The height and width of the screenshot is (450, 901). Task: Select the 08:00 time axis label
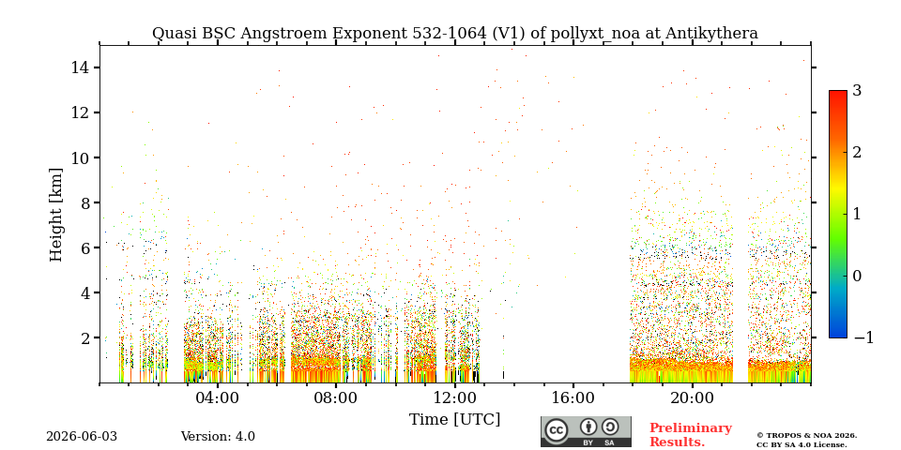pyautogui.click(x=336, y=398)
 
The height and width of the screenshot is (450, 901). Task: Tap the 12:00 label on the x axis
pyautogui.click(x=454, y=398)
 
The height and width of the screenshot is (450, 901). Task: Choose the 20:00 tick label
pyautogui.click(x=692, y=398)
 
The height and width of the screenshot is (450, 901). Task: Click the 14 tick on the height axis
pyautogui.click(x=79, y=67)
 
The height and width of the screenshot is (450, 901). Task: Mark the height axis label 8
pyautogui.click(x=83, y=202)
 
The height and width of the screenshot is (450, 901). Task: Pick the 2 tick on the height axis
pyautogui.click(x=83, y=337)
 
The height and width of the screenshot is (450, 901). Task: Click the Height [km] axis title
pyautogui.click(x=55, y=215)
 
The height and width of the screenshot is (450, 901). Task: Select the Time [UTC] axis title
pyautogui.click(x=454, y=420)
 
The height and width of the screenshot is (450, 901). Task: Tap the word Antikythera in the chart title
pyautogui.click(x=712, y=34)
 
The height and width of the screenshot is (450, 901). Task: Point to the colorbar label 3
pyautogui.click(x=857, y=91)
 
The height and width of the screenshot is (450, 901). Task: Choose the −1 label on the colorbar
pyautogui.click(x=863, y=337)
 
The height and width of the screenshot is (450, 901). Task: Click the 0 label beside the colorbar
pyautogui.click(x=857, y=276)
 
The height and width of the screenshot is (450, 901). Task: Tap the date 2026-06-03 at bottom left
pyautogui.click(x=82, y=437)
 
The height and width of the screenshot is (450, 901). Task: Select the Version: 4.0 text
pyautogui.click(x=218, y=437)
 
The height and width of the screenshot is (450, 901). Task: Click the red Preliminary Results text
pyautogui.click(x=691, y=435)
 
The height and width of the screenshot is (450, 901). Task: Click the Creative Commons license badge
pyautogui.click(x=586, y=431)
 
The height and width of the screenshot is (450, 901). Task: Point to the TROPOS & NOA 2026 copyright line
pyautogui.click(x=806, y=436)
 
